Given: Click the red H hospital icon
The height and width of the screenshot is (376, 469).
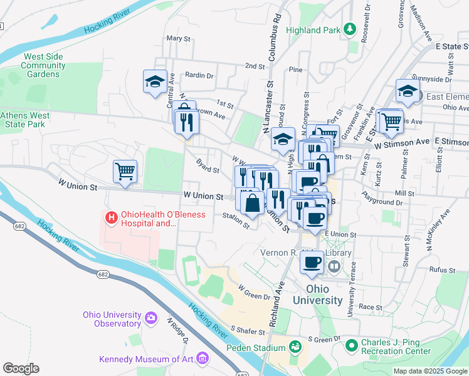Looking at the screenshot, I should (x=111, y=217).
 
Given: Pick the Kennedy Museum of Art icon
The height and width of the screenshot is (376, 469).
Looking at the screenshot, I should (x=202, y=359).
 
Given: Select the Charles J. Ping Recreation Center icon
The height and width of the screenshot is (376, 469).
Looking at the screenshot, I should (x=351, y=344).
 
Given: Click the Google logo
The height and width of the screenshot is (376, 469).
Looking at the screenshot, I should (x=21, y=368).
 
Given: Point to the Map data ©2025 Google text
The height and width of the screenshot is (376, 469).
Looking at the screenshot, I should (x=429, y=371).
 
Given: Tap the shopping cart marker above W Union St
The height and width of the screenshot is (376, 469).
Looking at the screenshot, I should (x=125, y=171).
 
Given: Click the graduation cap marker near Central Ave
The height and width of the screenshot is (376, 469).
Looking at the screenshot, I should (x=155, y=81).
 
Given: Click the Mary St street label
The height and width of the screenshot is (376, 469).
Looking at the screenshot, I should (x=178, y=38).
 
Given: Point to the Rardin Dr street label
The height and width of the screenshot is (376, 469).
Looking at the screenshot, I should (x=199, y=75).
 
